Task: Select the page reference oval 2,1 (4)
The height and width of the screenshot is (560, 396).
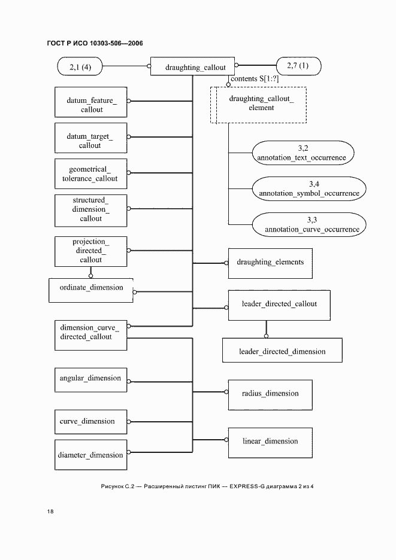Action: pos(80,66)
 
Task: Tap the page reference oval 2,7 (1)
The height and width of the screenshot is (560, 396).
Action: pos(298,66)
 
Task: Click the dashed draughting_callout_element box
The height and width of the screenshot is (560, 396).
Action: pos(258,104)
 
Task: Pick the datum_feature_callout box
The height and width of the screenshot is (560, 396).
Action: pos(91,105)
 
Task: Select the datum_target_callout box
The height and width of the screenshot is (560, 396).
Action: pos(90,141)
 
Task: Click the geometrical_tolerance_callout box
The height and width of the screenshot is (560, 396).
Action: pos(90,175)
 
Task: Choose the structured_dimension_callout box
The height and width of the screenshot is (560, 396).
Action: pos(90,209)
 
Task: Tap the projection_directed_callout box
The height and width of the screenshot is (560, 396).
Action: pos(90,251)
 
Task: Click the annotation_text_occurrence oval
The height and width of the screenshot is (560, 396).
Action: pos(301,153)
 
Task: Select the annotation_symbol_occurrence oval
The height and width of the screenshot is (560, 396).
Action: pos(309,188)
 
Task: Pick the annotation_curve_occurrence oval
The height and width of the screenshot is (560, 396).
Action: pos(309,224)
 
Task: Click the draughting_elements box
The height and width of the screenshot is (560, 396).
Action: pos(270,263)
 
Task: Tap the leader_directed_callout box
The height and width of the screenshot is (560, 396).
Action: pos(279,305)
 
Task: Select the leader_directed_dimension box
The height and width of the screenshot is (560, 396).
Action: pos(282,351)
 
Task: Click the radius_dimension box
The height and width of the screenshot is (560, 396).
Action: pos(270,394)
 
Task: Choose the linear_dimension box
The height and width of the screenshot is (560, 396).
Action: pos(270,442)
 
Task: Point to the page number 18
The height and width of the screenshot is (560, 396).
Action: pos(50,512)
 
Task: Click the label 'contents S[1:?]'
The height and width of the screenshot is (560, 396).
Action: pos(255,79)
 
